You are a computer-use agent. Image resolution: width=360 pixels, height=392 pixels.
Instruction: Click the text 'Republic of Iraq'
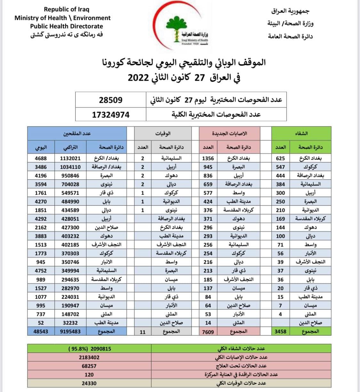(67, 9)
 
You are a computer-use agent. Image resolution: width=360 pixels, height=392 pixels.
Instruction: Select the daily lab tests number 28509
(110, 100)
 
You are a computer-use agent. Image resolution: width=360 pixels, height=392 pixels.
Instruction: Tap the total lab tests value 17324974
(110, 115)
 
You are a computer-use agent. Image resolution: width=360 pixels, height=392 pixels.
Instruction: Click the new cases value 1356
(208, 158)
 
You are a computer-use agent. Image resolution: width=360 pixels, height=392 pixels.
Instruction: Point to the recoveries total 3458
(280, 332)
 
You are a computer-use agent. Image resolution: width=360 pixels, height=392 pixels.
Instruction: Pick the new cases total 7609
(208, 332)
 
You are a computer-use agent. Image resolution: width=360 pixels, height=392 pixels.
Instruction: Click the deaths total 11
(143, 332)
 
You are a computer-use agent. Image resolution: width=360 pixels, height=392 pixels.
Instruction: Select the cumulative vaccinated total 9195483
(70, 332)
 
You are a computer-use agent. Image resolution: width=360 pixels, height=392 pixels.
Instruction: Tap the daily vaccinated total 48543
(41, 332)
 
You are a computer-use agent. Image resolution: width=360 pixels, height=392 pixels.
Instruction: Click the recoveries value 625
(280, 158)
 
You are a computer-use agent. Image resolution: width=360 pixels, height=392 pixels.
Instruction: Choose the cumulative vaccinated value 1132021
(70, 158)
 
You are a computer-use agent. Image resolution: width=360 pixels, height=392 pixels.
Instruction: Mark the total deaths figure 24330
(89, 383)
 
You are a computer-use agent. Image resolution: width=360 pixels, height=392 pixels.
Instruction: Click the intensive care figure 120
(89, 374)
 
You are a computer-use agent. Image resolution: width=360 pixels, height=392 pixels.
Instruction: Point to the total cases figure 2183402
(89, 357)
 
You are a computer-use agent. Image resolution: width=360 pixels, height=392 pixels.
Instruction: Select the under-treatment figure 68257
(89, 366)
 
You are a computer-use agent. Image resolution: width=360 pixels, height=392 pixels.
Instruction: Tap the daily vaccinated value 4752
(41, 271)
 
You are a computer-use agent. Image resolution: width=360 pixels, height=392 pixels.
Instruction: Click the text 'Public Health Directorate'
(67, 26)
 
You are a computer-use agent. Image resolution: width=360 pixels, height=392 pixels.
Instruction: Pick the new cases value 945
(208, 167)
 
